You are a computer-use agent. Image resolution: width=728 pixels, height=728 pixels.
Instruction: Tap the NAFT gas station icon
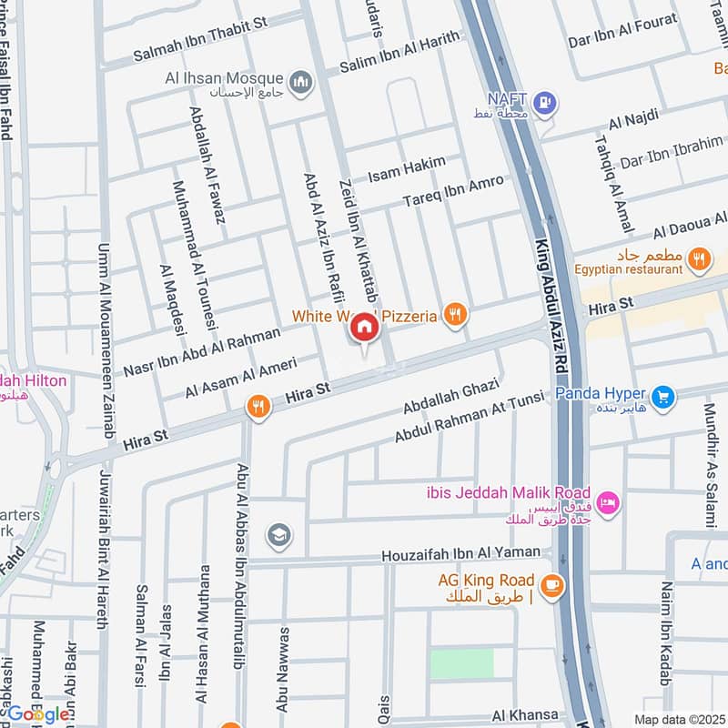[545, 104]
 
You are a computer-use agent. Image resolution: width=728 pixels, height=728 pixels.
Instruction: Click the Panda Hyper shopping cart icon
[663, 397]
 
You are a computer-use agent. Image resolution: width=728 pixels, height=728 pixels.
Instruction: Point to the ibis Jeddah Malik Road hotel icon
[609, 501]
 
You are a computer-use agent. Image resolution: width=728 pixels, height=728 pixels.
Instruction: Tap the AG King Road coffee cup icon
[550, 587]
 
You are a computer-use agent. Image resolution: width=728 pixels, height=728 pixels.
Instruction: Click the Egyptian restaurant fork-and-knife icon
[699, 259]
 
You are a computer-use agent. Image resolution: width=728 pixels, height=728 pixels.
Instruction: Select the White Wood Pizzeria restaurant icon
[455, 316]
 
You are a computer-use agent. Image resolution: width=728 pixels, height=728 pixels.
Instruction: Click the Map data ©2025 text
[679, 719]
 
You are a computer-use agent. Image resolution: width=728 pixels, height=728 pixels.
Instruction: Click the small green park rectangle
[460, 663]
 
